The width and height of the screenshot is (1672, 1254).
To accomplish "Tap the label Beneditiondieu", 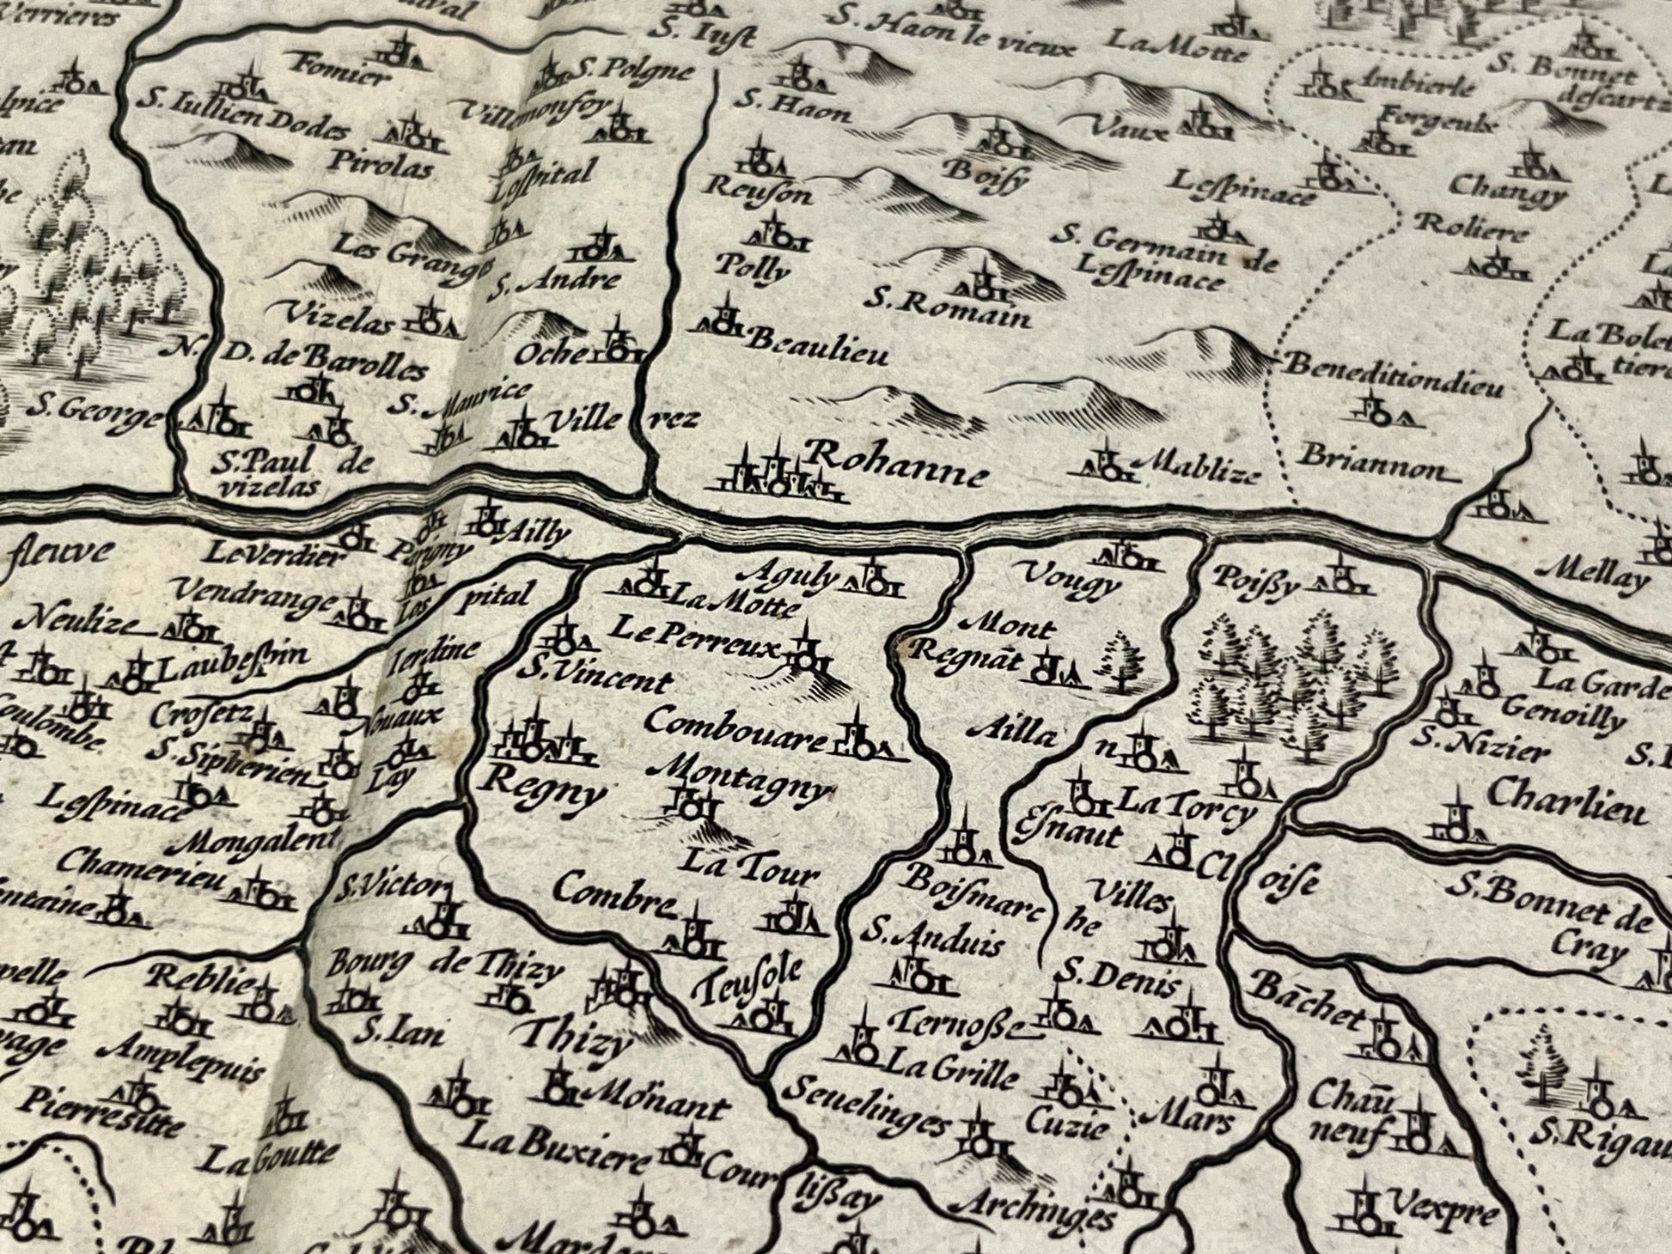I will [1394, 376].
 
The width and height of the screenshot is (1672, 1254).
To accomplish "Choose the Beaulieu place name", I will [816, 347].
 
